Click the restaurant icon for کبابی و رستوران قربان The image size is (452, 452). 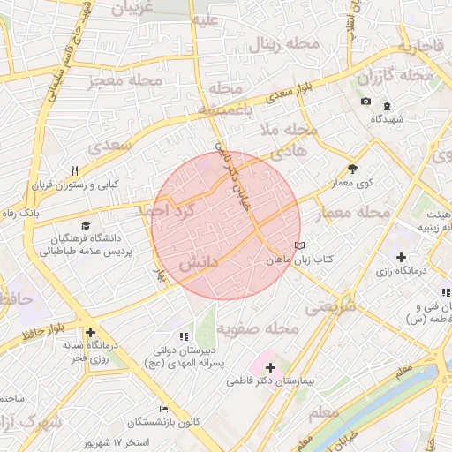click(75, 170)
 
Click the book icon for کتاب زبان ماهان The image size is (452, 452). click(299, 245)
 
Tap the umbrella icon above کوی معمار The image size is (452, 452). click(353, 169)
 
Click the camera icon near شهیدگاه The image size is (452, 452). click(365, 102)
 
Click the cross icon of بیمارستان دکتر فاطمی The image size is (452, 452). click(270, 366)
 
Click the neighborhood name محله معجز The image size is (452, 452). click(125, 81)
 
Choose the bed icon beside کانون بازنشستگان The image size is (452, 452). click(163, 409)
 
